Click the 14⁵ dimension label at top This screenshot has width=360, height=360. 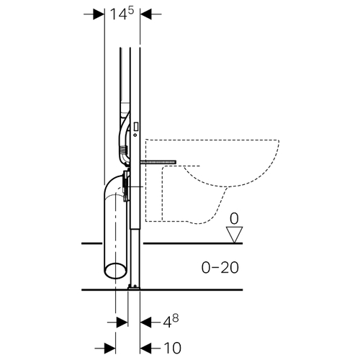click(x=122, y=14)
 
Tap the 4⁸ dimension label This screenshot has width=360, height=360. click(x=171, y=322)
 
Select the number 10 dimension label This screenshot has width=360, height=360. click(x=172, y=348)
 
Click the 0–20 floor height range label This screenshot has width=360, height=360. click(x=220, y=268)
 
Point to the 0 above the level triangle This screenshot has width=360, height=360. click(x=234, y=219)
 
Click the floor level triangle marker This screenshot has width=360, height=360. click(x=234, y=235)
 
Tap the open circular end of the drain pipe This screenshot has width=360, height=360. click(x=116, y=271)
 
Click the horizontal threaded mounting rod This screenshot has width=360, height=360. click(x=158, y=163)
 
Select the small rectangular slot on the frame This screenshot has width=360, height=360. click(x=136, y=127)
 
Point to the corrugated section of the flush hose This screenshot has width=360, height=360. click(x=123, y=150)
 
